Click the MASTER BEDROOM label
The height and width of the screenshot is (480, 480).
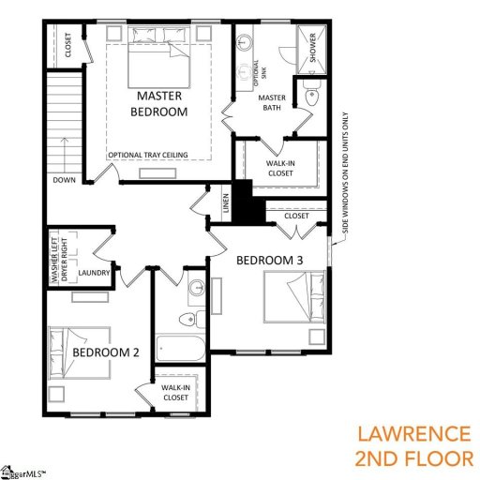[161, 103]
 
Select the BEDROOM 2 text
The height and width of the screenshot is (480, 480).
[106, 352]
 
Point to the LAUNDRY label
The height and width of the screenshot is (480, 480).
[95, 273]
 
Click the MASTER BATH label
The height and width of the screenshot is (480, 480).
[271, 103]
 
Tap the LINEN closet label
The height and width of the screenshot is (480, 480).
[225, 202]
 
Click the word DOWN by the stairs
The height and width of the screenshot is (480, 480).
[65, 180]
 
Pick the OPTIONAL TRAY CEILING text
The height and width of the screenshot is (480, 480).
[148, 155]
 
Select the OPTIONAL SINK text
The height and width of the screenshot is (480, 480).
[254, 71]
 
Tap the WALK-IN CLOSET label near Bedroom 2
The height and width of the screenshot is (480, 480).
[176, 391]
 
